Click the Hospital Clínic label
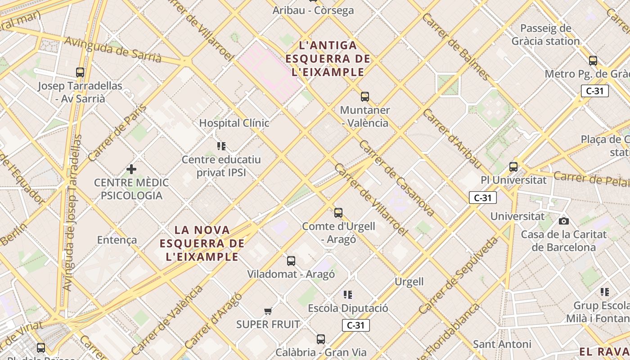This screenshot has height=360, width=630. pos(234,123)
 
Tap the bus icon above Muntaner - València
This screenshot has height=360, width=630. pos(364,97)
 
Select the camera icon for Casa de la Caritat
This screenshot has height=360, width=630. pos(563,221)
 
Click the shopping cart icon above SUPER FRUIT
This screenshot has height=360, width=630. pos(268,311)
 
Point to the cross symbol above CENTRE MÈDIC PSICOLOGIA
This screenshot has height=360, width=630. pos(131,169)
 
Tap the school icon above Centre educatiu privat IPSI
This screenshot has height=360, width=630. pos(221,146)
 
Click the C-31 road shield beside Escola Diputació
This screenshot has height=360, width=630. pos(355,325)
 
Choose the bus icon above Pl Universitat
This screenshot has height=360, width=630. pos(513,167)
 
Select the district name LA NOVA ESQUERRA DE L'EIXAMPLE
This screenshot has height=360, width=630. pos(202,243)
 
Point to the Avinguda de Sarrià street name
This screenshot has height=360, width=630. pos(112,49)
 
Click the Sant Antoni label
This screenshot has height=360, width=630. pos(502,344)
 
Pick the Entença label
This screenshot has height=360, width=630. pos(117,240)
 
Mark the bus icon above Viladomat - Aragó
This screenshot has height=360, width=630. pos(291,261)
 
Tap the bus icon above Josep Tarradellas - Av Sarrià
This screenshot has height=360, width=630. pos(80,72)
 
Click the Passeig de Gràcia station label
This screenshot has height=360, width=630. pos(545,35)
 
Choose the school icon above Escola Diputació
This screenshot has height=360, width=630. pos(348,295)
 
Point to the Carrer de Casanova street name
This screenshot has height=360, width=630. pos(396,178)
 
